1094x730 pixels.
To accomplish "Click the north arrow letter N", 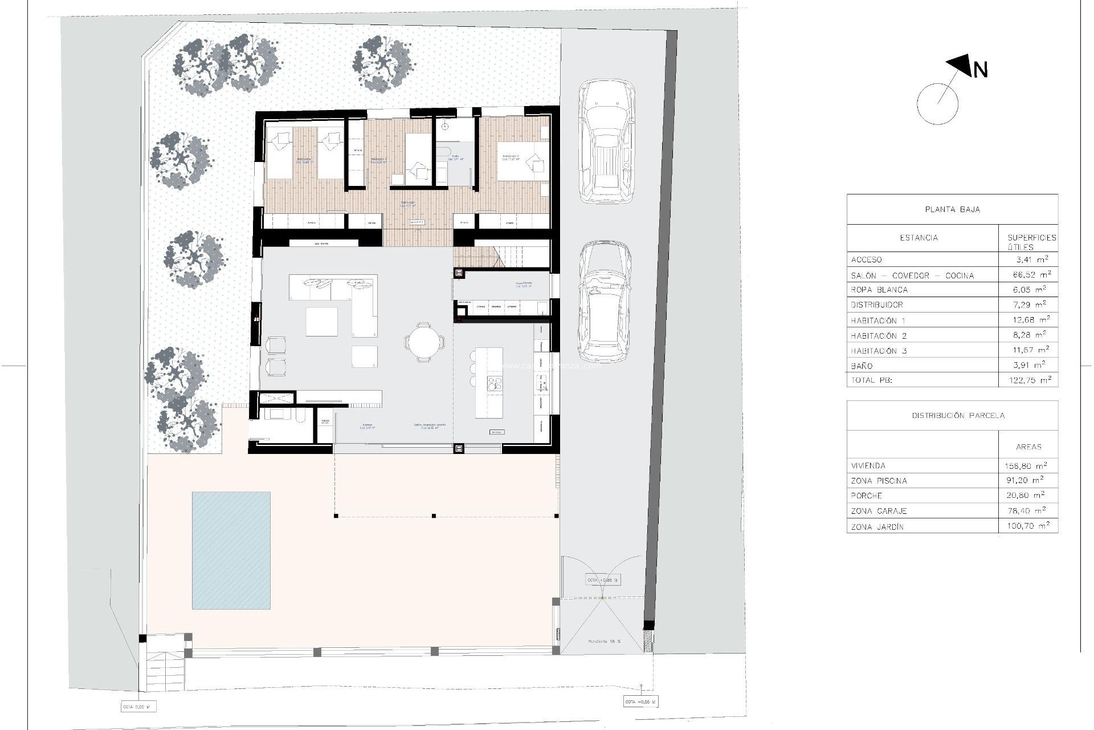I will pyautogui.click(x=981, y=70).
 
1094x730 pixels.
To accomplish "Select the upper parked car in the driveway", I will pyautogui.click(x=606, y=141).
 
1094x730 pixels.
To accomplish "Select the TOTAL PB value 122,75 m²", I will pyautogui.click(x=1028, y=380).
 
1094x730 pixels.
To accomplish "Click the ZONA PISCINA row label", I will pyautogui.click(x=879, y=481).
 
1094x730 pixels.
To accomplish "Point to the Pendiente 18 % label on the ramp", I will pyautogui.click(x=605, y=642).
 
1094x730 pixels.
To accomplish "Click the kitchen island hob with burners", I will pyautogui.click(x=495, y=384).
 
